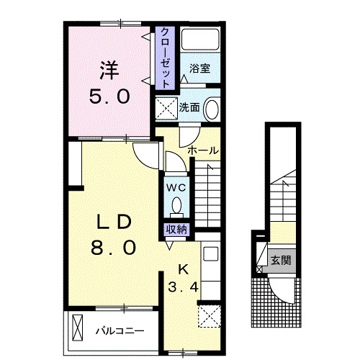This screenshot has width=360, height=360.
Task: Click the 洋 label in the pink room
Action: pyautogui.click(x=109, y=71)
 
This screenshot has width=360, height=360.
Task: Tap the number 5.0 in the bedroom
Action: pyautogui.click(x=109, y=96)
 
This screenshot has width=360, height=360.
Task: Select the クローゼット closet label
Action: pyautogui.click(x=165, y=58)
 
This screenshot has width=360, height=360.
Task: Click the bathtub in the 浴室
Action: pyautogui.click(x=200, y=40)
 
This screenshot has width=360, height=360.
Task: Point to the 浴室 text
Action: pyautogui.click(x=200, y=68)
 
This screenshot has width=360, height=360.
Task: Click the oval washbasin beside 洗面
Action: pyautogui.click(x=212, y=108)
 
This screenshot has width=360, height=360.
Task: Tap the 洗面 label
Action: pyautogui.click(x=189, y=107)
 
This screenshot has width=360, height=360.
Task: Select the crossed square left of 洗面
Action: pyautogui.click(x=166, y=108)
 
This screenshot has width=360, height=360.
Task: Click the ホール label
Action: pyautogui.click(x=203, y=150)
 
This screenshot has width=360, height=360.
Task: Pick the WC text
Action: pyautogui.click(x=176, y=188)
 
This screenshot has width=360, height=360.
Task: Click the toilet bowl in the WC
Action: pyautogui.click(x=177, y=205)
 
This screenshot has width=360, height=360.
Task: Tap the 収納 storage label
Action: pyautogui.click(x=176, y=230)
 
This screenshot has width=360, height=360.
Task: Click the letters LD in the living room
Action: pyautogui.click(x=114, y=222)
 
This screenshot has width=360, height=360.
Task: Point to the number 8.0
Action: pyautogui.click(x=113, y=248)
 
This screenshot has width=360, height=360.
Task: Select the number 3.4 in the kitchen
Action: pyautogui.click(x=183, y=287)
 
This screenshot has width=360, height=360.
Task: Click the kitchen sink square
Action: pyautogui.click(x=211, y=253)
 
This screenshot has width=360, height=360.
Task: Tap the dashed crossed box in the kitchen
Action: pyautogui.click(x=210, y=315)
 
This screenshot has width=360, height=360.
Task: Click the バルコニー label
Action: pyautogui.click(x=120, y=331)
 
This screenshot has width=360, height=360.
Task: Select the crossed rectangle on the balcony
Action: pyautogui.click(x=78, y=328)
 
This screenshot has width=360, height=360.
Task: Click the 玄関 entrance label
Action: pyautogui.click(x=281, y=261)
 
